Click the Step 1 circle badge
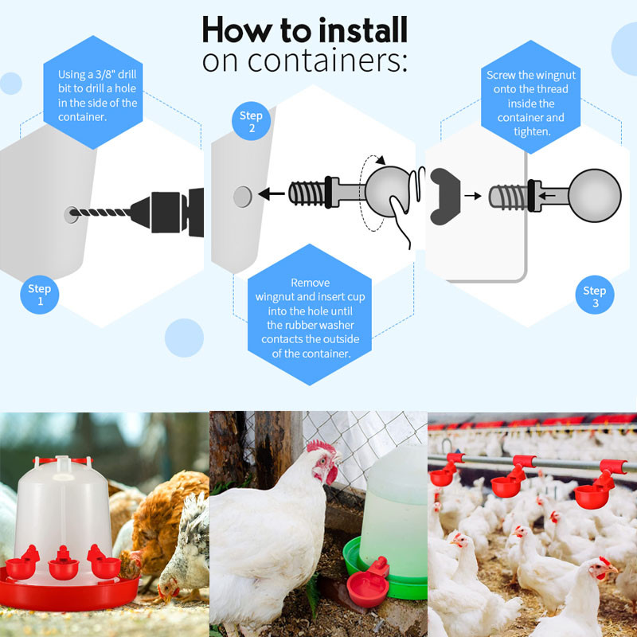point(39,295)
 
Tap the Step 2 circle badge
point(251,121)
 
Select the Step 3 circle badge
point(595,295)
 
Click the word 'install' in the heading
point(363,29)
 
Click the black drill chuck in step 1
point(167,212)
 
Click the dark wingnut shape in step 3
point(445,196)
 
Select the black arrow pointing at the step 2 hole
point(272,193)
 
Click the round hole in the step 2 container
point(243,197)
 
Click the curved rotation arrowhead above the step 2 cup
point(381,160)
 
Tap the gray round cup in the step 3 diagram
point(594,196)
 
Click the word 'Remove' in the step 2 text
point(311,283)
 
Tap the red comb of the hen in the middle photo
point(322,447)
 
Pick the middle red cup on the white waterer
point(64,563)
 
